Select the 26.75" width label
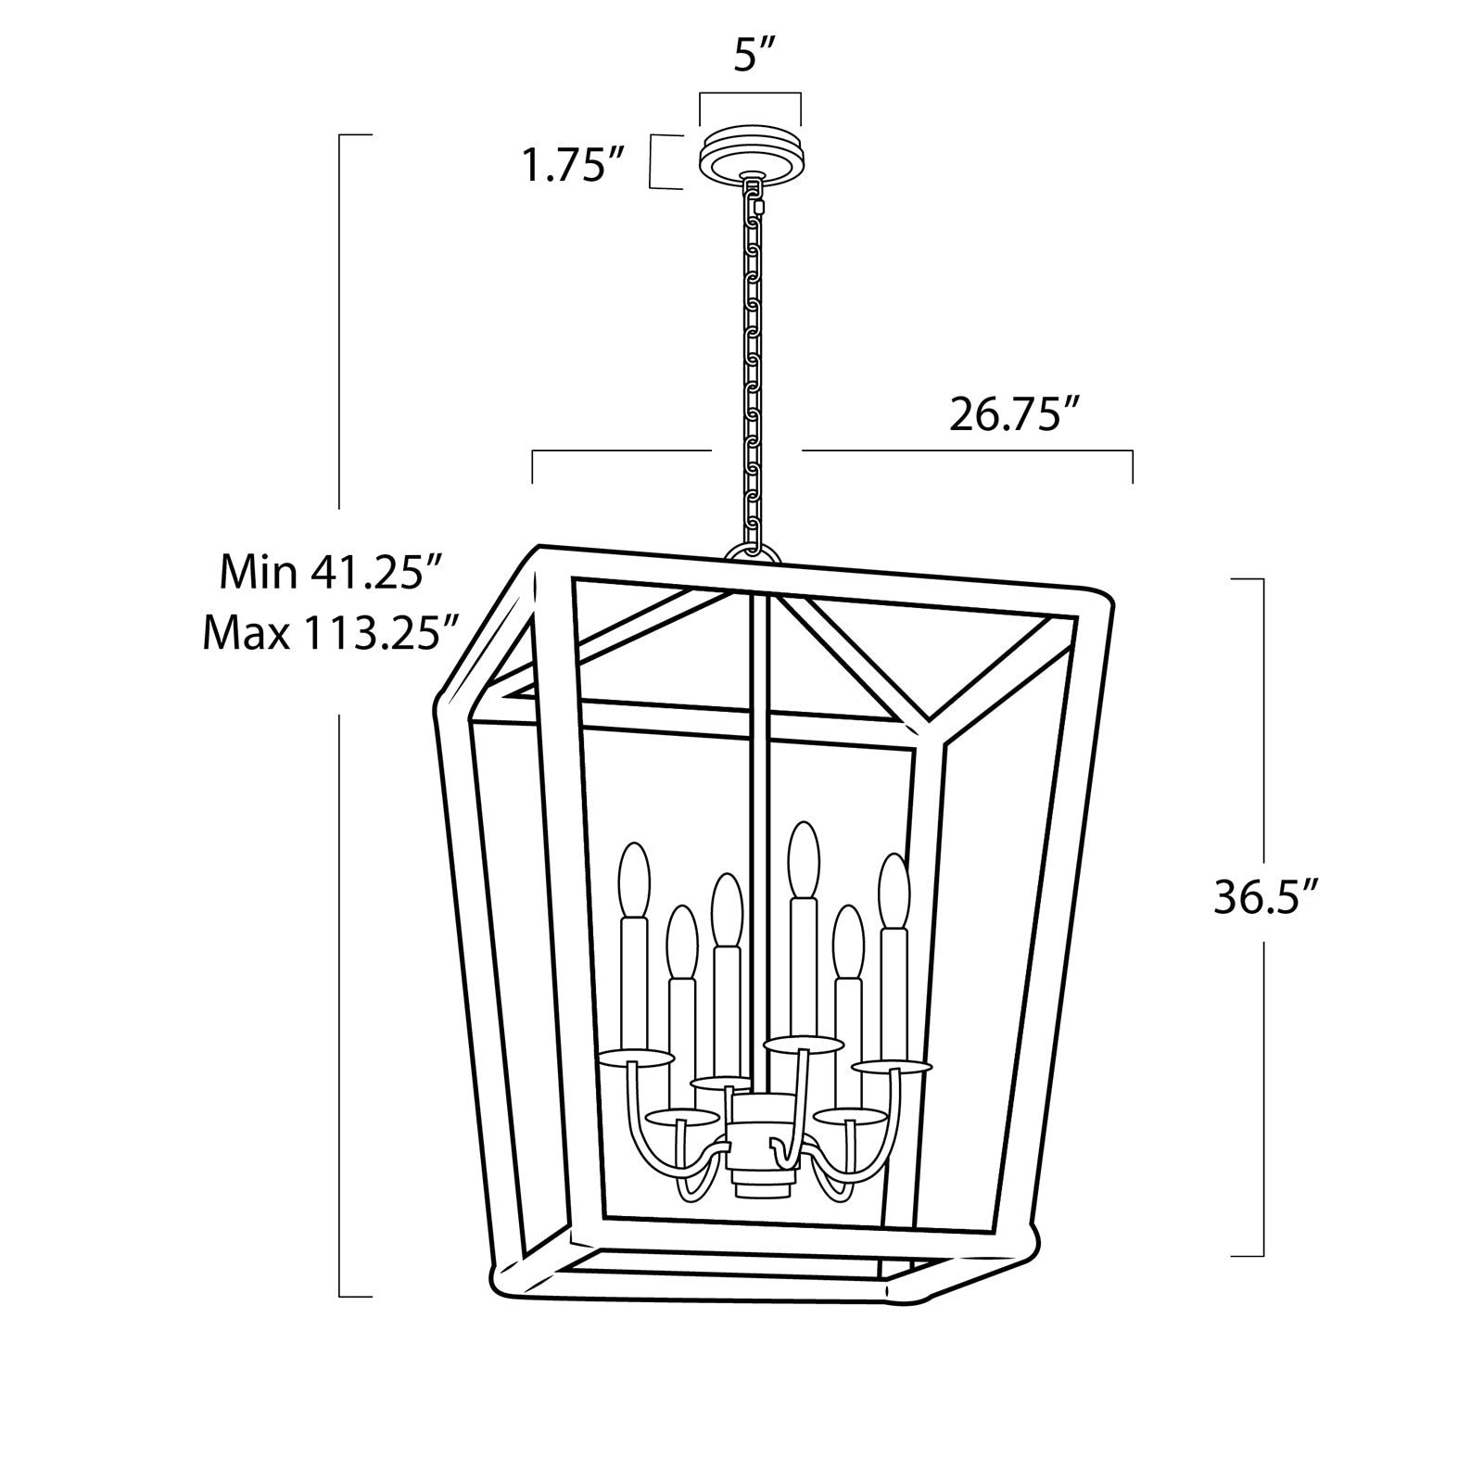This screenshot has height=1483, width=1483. click(1016, 415)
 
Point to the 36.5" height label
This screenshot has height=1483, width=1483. click(1266, 897)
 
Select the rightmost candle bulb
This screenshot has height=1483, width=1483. click(893, 888)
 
